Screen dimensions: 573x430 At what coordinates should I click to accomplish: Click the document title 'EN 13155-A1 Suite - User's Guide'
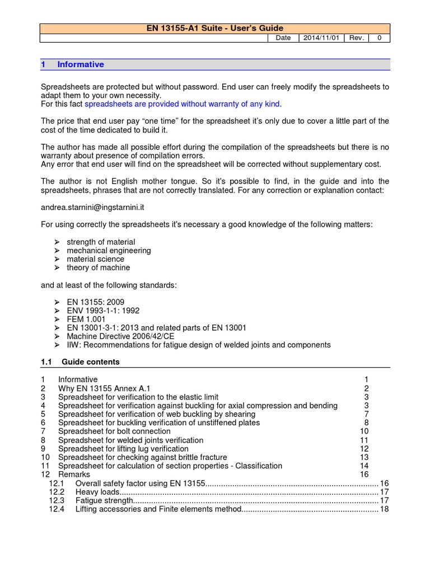[x=215, y=28]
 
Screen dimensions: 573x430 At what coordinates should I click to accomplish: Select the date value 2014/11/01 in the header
[x=321, y=37]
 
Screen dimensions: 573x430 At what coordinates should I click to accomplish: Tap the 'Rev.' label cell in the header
[x=356, y=37]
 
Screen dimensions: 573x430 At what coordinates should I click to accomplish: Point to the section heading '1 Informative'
[x=73, y=64]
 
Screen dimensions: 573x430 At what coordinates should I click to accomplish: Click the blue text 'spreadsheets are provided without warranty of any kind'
[x=182, y=104]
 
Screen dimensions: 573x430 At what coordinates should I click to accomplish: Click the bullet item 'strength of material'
[x=101, y=242]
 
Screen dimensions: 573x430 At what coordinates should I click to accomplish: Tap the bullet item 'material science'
[x=95, y=259]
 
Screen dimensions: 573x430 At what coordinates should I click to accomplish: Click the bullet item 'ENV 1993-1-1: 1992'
[x=103, y=311]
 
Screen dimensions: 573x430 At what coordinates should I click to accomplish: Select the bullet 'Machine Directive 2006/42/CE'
[x=120, y=336]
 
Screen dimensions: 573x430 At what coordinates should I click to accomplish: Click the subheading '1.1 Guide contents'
[x=81, y=362]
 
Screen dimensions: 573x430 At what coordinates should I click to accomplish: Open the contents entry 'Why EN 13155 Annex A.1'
[x=104, y=388]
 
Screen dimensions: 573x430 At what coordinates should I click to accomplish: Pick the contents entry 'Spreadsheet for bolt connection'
[x=114, y=431]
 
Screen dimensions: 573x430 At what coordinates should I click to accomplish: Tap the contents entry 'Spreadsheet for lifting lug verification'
[x=123, y=449]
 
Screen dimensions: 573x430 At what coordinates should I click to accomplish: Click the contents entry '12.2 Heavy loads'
[x=97, y=492]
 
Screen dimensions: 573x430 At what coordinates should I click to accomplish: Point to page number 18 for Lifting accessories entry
[x=384, y=509]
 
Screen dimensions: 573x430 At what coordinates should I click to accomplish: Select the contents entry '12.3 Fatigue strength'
[x=104, y=500]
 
